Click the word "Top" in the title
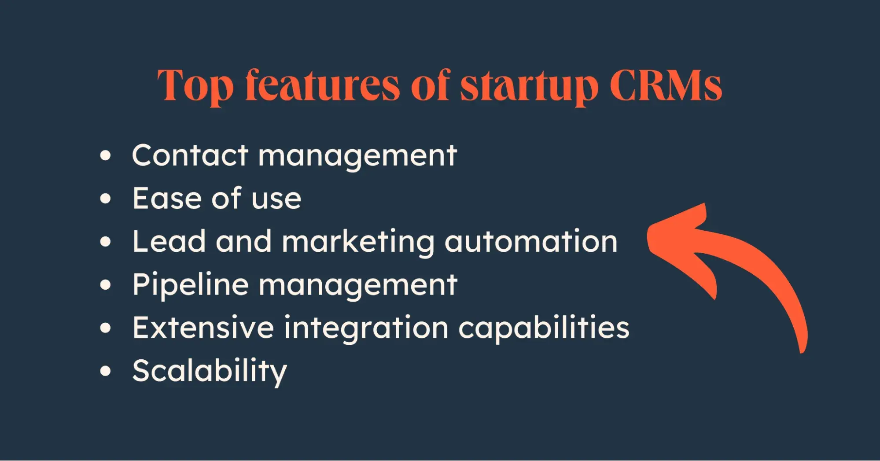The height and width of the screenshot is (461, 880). pos(195,86)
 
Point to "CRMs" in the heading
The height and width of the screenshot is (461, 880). pos(666,85)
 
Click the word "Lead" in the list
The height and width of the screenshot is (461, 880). pos(169,241)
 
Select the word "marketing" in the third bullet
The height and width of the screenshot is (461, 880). pos(358,242)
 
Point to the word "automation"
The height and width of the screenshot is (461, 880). pos(531,241)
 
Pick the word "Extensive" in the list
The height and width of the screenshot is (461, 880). pos(203,328)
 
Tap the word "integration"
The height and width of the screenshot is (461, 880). pos(366,328)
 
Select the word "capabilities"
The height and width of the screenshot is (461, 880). pos(544,328)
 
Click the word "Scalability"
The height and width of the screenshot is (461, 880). pos(210,372)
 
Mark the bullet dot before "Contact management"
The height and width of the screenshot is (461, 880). pos(105,156)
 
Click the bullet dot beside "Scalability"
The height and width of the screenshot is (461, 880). pos(105,371)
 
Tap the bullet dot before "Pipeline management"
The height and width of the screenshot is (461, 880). pos(105,285)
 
